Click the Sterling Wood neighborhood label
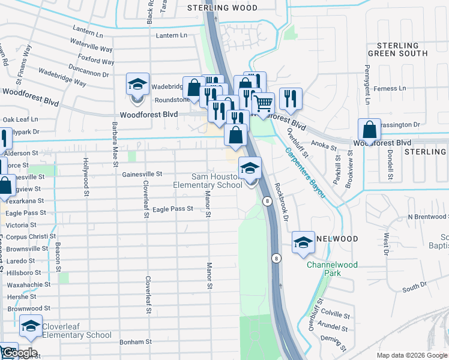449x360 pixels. [222, 8]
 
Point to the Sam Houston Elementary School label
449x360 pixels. [208, 181]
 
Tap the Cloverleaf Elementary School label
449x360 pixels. [76, 331]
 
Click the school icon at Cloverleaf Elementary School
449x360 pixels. [30, 326]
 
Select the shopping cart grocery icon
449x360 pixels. [263, 103]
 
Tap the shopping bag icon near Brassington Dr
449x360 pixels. [370, 129]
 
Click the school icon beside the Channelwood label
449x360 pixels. [303, 242]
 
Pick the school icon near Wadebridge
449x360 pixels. [137, 83]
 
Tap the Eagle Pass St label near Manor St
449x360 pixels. [172, 209]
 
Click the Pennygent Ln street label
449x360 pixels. [366, 67]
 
